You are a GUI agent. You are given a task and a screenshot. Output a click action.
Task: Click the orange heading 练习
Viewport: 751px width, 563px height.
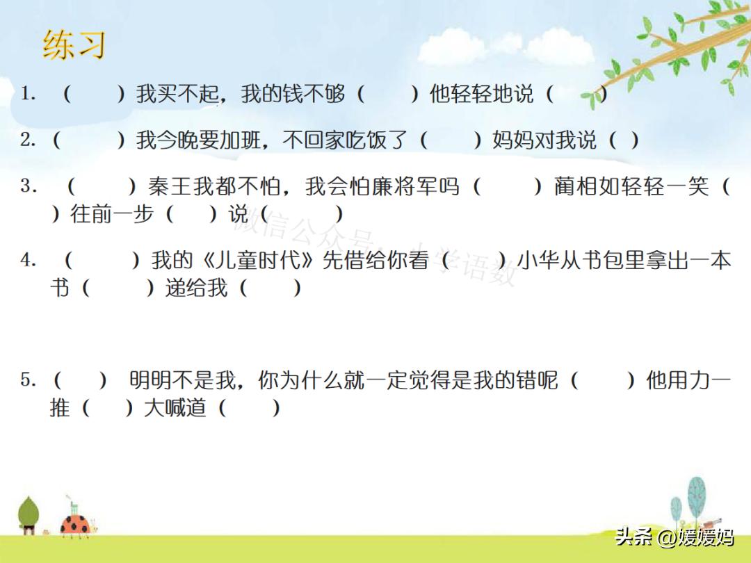[x=74, y=44]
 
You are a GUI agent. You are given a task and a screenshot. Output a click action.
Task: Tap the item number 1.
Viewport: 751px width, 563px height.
[x=27, y=93]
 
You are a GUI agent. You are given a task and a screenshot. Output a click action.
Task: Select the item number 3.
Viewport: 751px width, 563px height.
[x=27, y=186]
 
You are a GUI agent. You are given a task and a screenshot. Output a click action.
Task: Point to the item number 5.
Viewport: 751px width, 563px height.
[x=27, y=380]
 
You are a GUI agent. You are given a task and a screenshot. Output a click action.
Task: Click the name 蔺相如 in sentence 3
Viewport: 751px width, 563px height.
[x=586, y=186]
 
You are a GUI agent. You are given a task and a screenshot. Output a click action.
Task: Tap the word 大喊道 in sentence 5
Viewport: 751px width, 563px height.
[x=175, y=407]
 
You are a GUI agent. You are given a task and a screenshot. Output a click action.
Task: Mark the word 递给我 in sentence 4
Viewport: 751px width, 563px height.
[x=196, y=287]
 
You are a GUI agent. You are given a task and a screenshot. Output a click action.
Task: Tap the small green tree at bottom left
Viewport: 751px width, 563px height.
[x=29, y=514]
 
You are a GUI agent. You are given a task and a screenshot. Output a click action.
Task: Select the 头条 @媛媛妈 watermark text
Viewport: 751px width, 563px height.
[x=674, y=537]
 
